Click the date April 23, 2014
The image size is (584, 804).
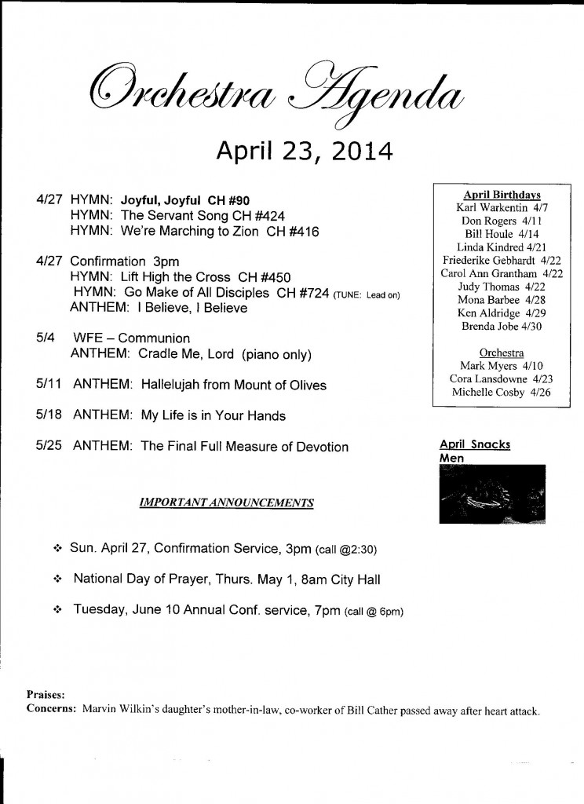pyautogui.click(x=302, y=149)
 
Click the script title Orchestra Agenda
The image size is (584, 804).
pyautogui.click(x=273, y=94)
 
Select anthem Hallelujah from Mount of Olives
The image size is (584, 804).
pyautogui.click(x=234, y=385)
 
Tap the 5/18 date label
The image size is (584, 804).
pyautogui.click(x=49, y=415)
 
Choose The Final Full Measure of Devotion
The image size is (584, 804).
pyautogui.click(x=244, y=446)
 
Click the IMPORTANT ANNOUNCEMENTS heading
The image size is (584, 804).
pyautogui.click(x=227, y=502)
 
